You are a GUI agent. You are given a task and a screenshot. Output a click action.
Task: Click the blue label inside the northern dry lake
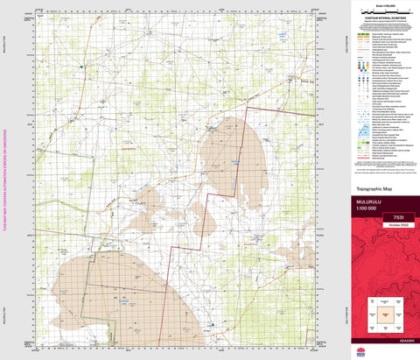pyautogui.click(x=234, y=163)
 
